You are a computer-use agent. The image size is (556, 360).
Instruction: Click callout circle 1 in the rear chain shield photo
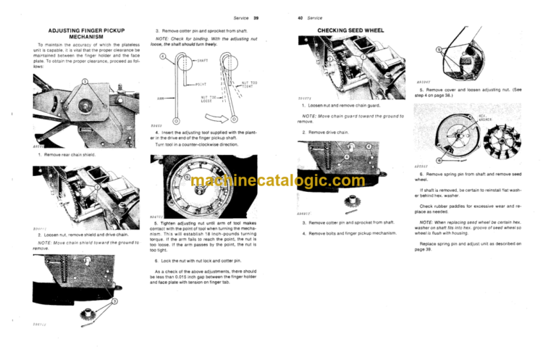(85, 81)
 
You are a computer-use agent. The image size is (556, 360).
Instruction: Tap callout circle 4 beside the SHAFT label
(164, 56)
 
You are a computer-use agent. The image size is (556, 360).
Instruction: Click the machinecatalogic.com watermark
(278, 181)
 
